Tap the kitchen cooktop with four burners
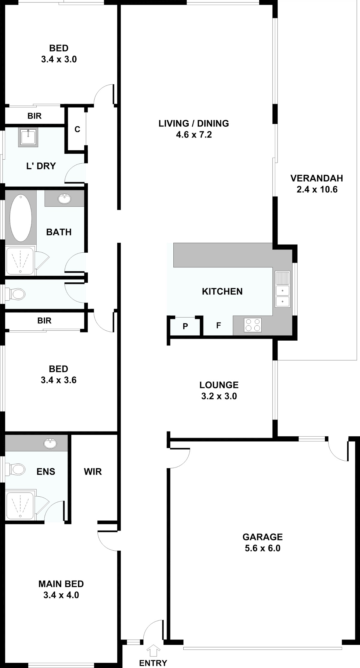[x=253, y=325]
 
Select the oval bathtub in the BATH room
[x=21, y=218]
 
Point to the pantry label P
[x=185, y=326]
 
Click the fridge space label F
[x=219, y=325]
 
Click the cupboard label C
[x=77, y=129]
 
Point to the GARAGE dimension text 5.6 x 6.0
[x=262, y=548]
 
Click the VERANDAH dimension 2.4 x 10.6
[x=317, y=189]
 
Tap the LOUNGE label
[x=219, y=385]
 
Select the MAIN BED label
[x=61, y=584]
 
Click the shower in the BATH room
[x=20, y=260]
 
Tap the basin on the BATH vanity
[x=64, y=198]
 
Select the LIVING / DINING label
[x=194, y=123]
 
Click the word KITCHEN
[x=222, y=291]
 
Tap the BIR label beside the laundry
[x=34, y=116]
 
